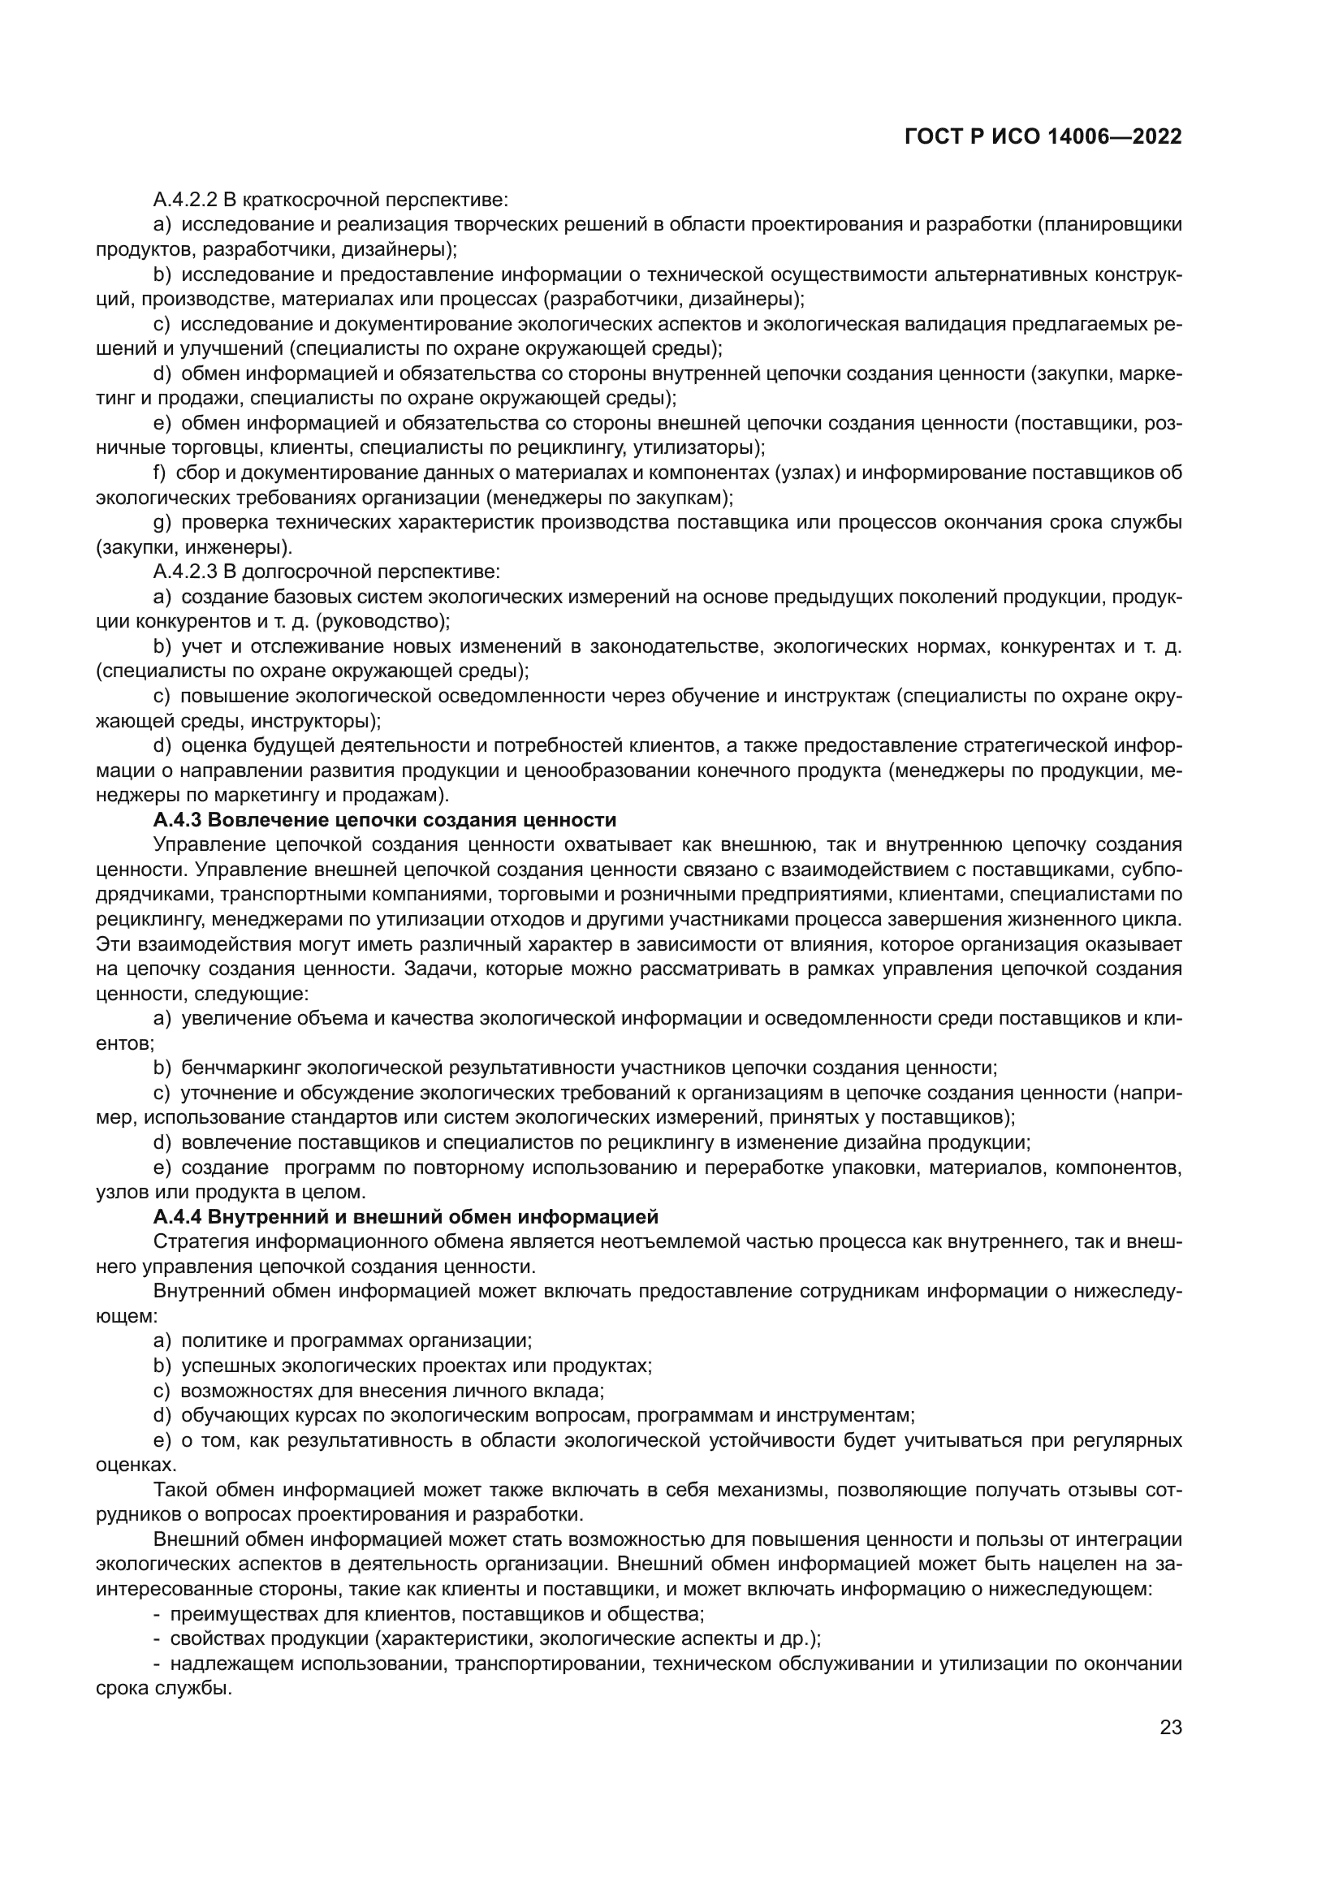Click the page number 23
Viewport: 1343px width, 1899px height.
pos(1170,1727)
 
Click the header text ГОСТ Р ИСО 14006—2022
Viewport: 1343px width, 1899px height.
pos(1043,137)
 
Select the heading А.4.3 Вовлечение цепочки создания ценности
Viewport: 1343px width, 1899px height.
pos(385,820)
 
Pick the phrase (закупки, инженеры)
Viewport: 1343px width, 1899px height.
pos(193,546)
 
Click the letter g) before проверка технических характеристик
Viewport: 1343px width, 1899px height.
pos(162,523)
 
